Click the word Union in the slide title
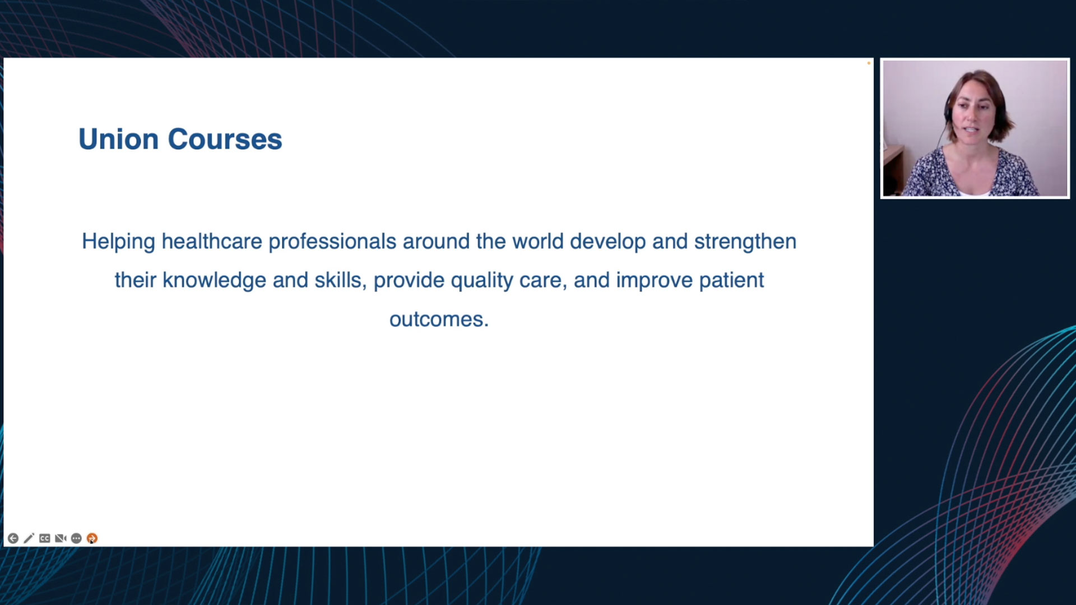[118, 139]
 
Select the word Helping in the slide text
[118, 242]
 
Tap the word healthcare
[212, 241]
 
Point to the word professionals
[332, 241]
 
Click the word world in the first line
[538, 241]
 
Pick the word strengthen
[745, 242]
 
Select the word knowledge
[214, 281]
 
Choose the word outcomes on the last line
[439, 319]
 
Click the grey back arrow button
[13, 538]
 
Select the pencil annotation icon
[29, 538]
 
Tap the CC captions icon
[45, 538]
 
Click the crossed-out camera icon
[61, 538]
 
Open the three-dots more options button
[76, 538]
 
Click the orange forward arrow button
[92, 538]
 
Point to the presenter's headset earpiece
[948, 110]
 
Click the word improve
[654, 281]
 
